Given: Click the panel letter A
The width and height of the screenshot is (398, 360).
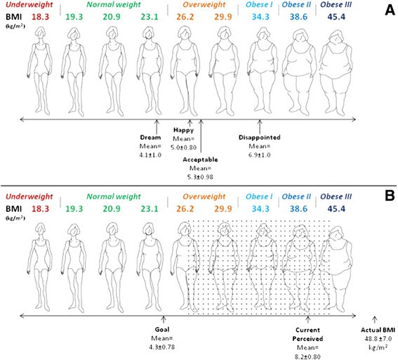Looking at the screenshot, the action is coord(390,10).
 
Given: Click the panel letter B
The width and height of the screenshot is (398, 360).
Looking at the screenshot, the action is coord(390,196).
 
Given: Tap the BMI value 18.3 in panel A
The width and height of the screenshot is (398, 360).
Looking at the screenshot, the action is coord(40,17).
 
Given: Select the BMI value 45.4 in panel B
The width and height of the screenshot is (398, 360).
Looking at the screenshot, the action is coord(336,209).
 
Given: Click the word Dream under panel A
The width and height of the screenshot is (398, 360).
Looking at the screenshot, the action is coord(150,138).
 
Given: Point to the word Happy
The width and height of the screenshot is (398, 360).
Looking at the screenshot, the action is coord(183,130).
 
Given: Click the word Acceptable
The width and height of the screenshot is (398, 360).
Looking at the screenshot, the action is coord(200,159).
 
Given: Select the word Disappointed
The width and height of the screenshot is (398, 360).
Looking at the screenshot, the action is coord(260,138).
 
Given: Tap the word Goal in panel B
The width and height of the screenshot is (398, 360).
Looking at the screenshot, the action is coord(162,330).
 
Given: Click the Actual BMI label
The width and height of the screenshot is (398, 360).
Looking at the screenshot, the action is coord(378,330).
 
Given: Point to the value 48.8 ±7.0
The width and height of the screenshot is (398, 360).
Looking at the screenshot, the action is coord(378,339).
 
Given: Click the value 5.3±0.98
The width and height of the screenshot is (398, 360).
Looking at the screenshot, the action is coord(200,177).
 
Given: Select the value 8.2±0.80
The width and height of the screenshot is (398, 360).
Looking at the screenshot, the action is coord(307,356).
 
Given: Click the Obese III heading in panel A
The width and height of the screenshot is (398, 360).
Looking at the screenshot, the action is coord(336,5).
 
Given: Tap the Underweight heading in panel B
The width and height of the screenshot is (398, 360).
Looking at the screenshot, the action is coord(29,196).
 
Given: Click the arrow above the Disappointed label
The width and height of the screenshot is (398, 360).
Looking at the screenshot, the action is coord(260,126).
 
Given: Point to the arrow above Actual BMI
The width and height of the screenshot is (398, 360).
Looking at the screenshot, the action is coord(375,319).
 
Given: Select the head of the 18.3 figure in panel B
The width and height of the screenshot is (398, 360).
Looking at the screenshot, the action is coord(41,228).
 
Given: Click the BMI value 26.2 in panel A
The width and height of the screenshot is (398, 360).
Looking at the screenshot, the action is coord(185,17).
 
